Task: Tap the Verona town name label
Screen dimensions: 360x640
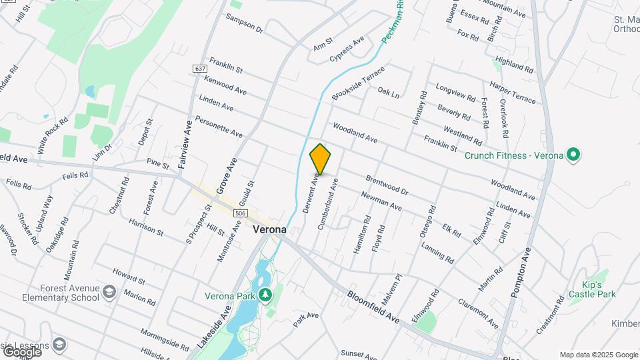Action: coord(270,229)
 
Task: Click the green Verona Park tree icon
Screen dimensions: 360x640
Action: coord(265,294)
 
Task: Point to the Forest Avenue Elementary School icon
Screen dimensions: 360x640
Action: coord(109,291)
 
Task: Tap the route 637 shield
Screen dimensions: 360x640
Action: coord(200,69)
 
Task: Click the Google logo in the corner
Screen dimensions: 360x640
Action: coord(22,351)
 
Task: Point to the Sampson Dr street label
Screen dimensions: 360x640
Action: coord(245,23)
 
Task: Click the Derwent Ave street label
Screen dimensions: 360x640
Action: coord(311,193)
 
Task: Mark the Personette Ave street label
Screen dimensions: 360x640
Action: coord(219,127)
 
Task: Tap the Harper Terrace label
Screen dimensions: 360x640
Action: coord(512,93)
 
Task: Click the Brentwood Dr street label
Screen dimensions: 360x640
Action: coord(387,185)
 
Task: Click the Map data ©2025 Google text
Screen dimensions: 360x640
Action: coord(599,355)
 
